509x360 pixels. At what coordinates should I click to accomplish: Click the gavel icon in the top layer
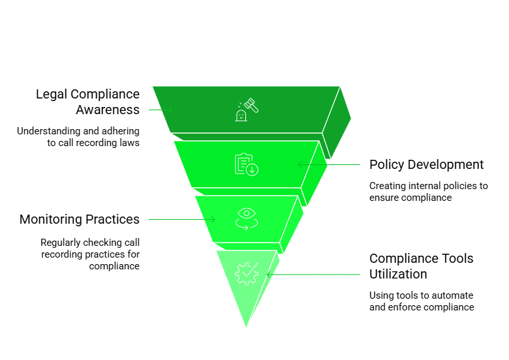click(x=247, y=110)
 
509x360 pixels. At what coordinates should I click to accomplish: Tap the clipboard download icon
click(x=247, y=164)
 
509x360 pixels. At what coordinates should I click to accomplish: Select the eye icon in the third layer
click(x=247, y=219)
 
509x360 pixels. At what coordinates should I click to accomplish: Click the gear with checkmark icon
click(x=247, y=274)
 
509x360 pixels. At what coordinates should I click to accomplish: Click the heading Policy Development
click(x=427, y=165)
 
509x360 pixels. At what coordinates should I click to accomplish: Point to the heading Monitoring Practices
click(x=80, y=219)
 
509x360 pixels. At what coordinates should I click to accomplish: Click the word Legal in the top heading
click(x=52, y=95)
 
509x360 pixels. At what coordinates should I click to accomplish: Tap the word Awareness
click(x=108, y=110)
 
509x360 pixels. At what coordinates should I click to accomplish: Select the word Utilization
click(x=398, y=275)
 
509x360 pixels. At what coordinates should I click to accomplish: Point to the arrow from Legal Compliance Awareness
click(x=161, y=110)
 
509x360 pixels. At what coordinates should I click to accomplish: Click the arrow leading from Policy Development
click(x=329, y=165)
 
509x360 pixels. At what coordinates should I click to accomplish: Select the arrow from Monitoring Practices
click(x=182, y=220)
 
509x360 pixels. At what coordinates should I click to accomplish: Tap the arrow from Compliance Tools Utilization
click(x=313, y=275)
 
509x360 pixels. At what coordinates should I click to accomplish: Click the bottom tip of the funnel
click(x=246, y=327)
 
